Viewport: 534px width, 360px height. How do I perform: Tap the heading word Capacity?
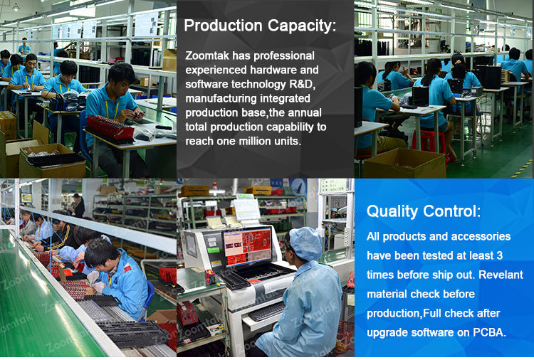coord(302,26)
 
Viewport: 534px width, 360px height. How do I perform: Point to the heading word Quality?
coord(392,212)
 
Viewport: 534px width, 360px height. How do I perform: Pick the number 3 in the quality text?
coord(500,255)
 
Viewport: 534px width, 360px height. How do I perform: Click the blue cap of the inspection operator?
coord(305,243)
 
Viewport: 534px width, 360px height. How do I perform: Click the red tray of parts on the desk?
coord(110,128)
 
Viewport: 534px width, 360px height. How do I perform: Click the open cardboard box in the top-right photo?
coord(404,164)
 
